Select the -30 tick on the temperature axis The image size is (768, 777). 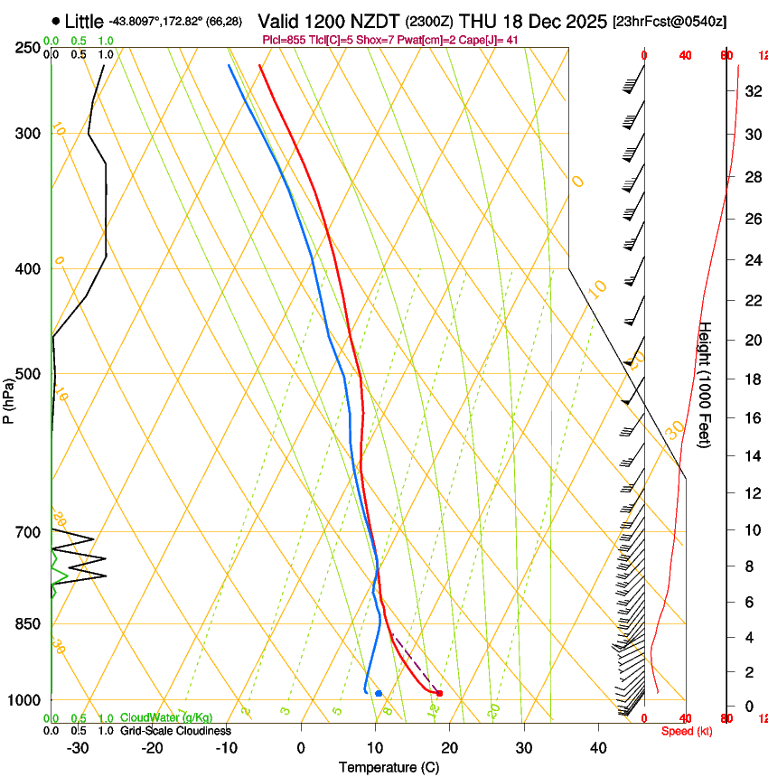(78, 747)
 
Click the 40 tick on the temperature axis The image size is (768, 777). (597, 747)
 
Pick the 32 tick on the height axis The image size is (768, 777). (748, 91)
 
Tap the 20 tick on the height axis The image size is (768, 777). (748, 340)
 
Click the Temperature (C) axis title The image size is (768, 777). (389, 767)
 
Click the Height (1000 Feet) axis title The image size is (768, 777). (706, 385)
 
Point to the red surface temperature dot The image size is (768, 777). (439, 693)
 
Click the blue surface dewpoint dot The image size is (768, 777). (379, 693)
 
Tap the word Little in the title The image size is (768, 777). (85, 21)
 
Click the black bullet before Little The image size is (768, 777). (56, 21)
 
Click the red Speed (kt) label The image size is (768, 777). (686, 730)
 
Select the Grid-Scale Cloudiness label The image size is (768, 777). (175, 730)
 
